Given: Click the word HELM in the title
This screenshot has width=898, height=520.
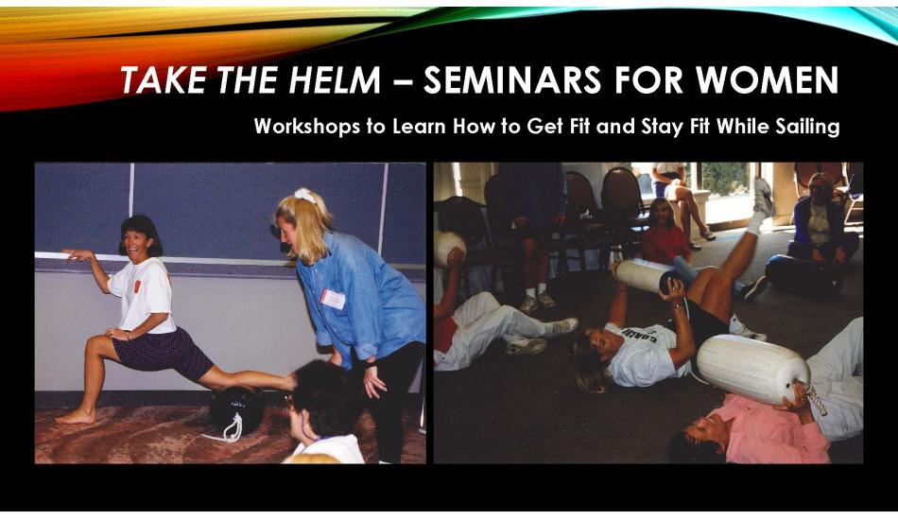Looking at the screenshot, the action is pos(335,79).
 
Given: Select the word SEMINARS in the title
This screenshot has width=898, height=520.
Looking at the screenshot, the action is pos(512,79).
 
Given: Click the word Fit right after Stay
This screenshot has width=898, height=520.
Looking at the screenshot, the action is pos(699,126).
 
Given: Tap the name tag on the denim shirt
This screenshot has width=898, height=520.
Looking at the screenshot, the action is pos(333,299).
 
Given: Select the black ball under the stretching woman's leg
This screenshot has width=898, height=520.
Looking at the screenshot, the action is pos(236,409).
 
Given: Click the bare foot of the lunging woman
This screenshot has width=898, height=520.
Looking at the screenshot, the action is pos(75,416).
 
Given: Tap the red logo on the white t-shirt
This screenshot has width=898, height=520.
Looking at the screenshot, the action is pos(137,286).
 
